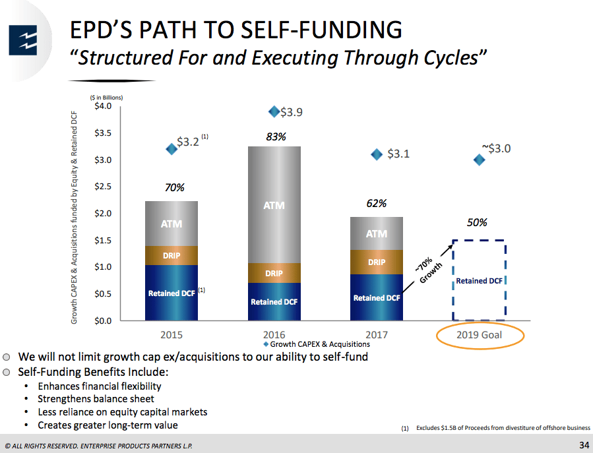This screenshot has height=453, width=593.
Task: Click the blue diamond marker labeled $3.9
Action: (x=274, y=111)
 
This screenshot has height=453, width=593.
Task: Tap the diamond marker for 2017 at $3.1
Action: (x=377, y=154)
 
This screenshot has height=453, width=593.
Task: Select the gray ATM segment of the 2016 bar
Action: (x=274, y=204)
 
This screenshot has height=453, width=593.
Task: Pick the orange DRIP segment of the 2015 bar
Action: (x=172, y=255)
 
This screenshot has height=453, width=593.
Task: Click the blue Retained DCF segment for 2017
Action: (x=377, y=297)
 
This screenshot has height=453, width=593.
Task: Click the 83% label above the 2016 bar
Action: (x=276, y=137)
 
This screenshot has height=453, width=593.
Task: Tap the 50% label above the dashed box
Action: (x=477, y=223)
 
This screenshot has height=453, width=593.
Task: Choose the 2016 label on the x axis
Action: (x=274, y=334)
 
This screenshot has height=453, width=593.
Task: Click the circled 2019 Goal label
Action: (x=480, y=335)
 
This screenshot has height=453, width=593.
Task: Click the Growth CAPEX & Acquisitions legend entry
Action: (x=317, y=344)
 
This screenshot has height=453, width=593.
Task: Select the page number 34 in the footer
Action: (x=583, y=442)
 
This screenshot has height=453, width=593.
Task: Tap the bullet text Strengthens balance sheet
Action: (x=96, y=399)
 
